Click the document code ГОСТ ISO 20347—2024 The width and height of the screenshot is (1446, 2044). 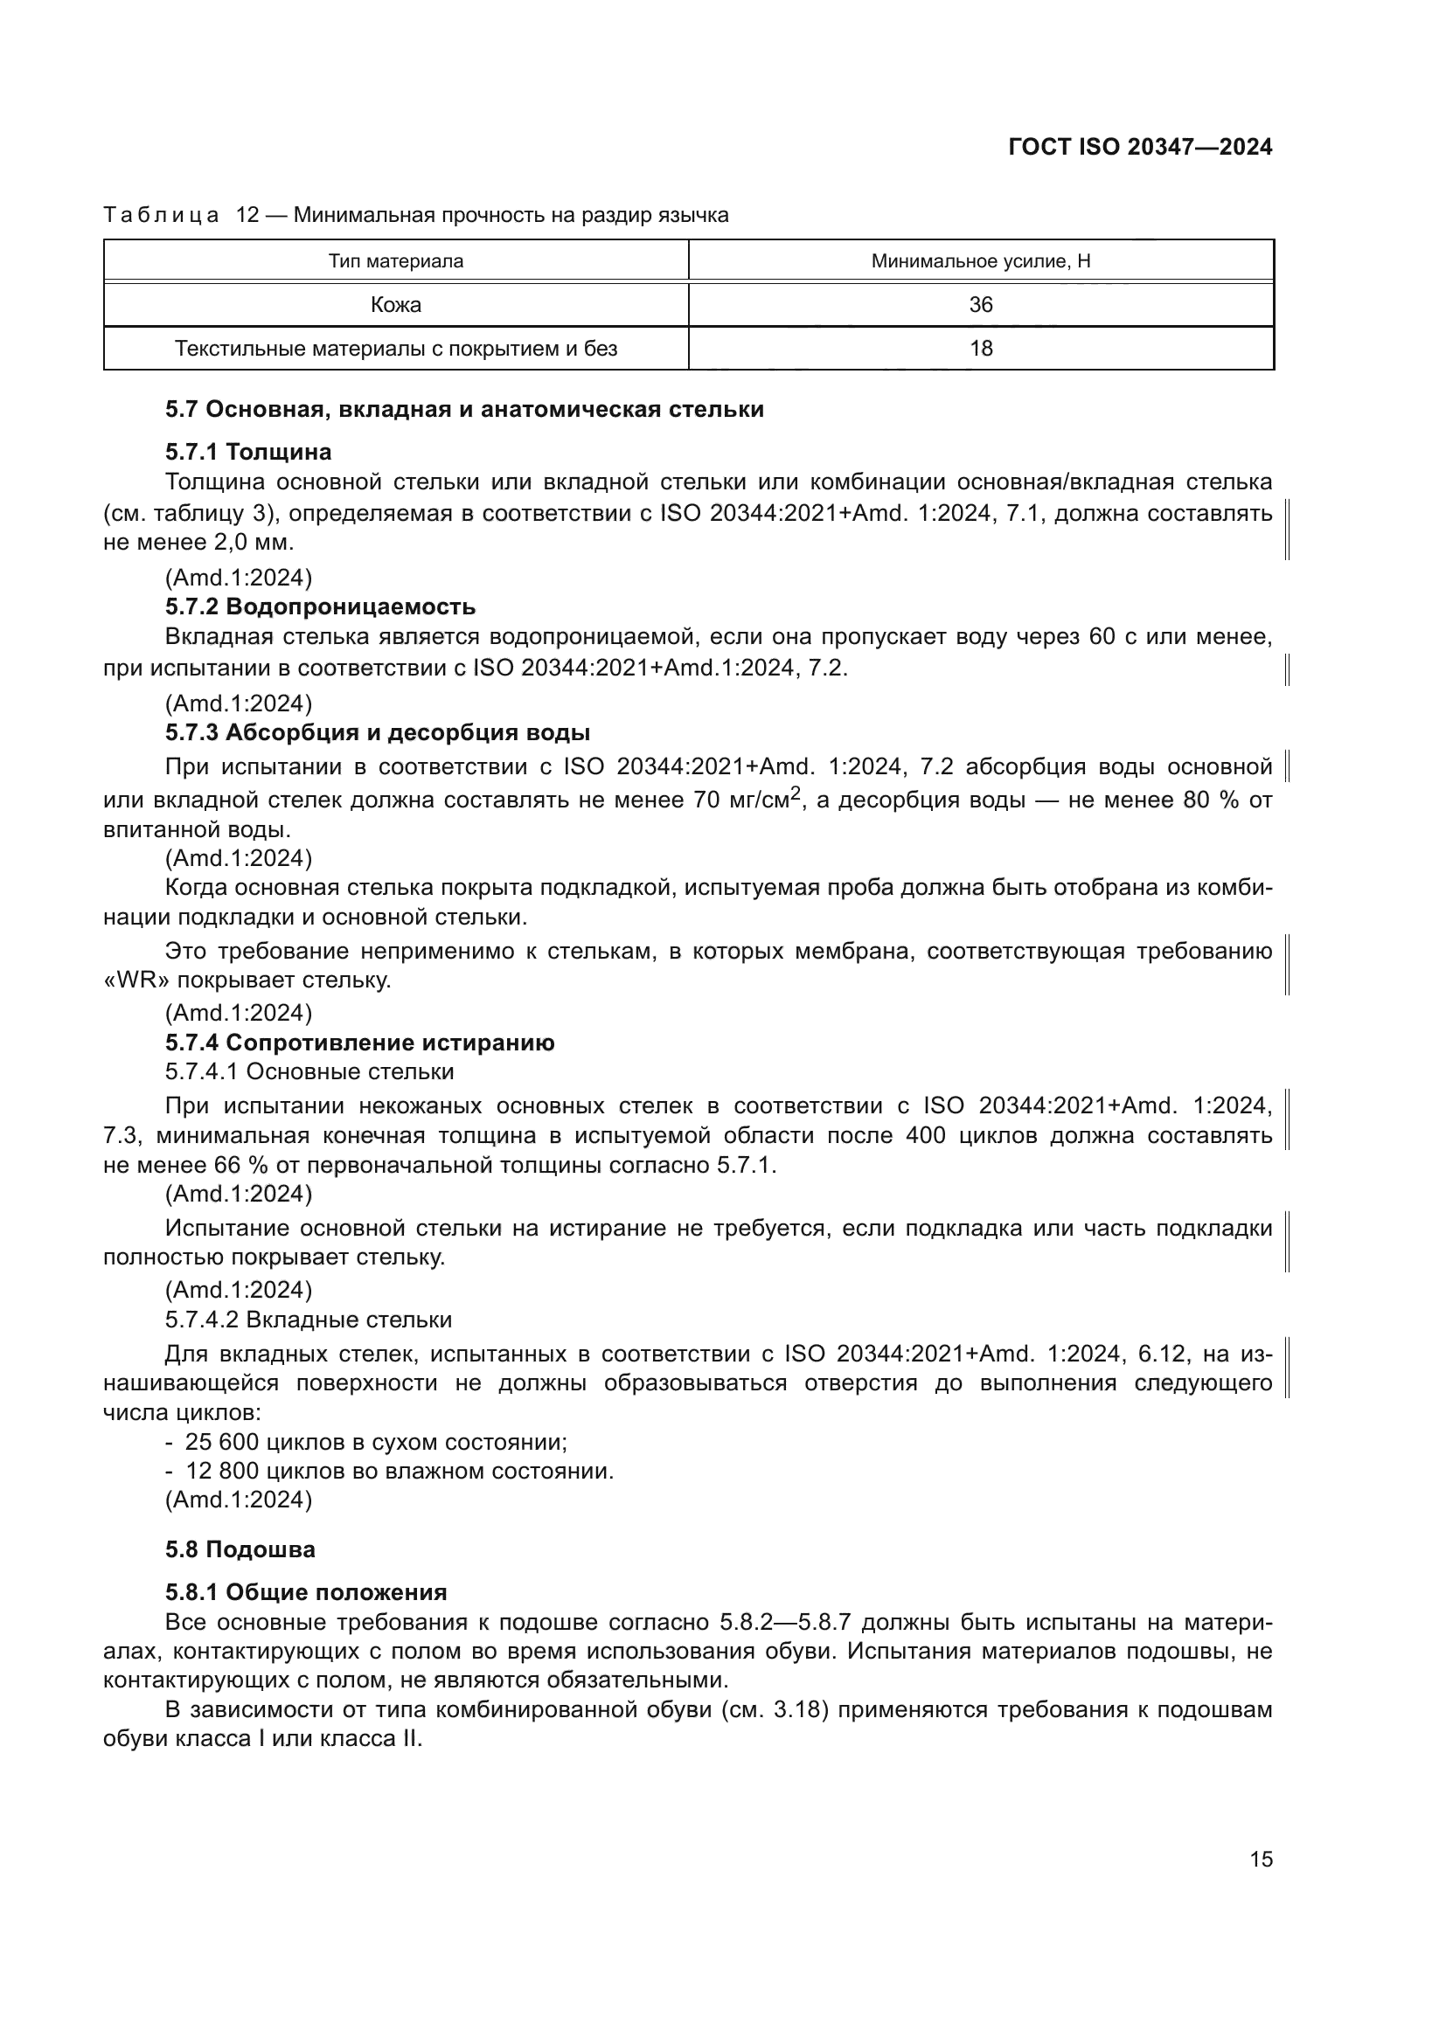[1140, 147]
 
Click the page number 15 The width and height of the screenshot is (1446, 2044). [1261, 1859]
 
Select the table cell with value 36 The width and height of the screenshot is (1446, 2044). [980, 304]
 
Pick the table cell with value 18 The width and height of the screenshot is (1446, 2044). [980, 348]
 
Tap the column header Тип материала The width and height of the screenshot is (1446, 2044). [395, 260]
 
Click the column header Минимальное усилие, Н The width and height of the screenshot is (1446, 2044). [980, 260]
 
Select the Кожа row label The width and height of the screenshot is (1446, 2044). [395, 304]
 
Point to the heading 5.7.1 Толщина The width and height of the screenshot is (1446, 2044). [247, 453]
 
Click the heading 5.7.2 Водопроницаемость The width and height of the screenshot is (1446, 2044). [320, 607]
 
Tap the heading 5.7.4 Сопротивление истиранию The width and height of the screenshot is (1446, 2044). [358, 1043]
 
